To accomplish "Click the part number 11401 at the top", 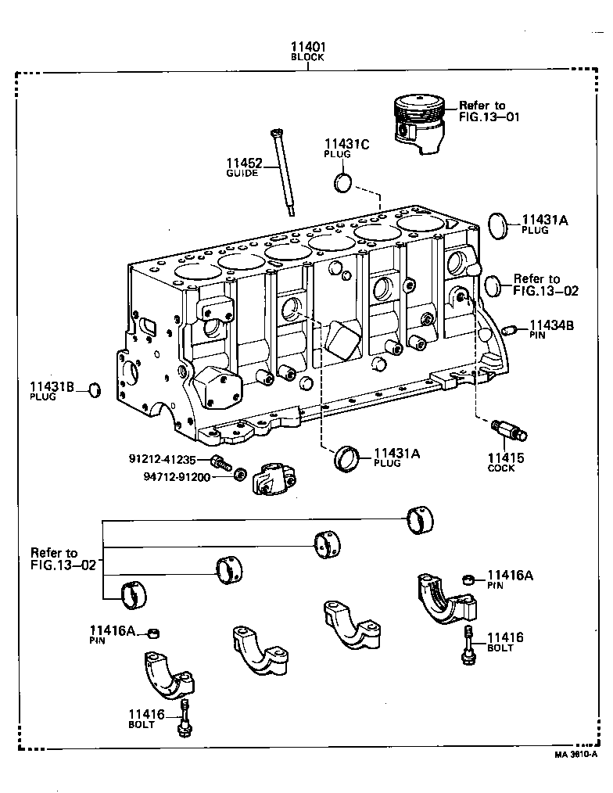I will tap(308, 47).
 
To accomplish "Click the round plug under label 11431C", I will tap(342, 184).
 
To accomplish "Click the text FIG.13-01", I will tap(489, 117).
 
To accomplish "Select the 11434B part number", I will tap(551, 325).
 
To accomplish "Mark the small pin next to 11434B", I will tap(511, 328).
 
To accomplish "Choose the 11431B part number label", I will tap(52, 386).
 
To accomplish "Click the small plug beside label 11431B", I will tap(93, 389).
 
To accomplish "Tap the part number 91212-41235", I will tap(168, 458).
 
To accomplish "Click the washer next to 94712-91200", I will tap(242, 474).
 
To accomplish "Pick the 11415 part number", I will tap(506, 458).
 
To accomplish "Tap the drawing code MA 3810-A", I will tap(575, 755).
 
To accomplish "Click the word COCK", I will tap(501, 469).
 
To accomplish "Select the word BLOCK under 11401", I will tap(308, 58).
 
